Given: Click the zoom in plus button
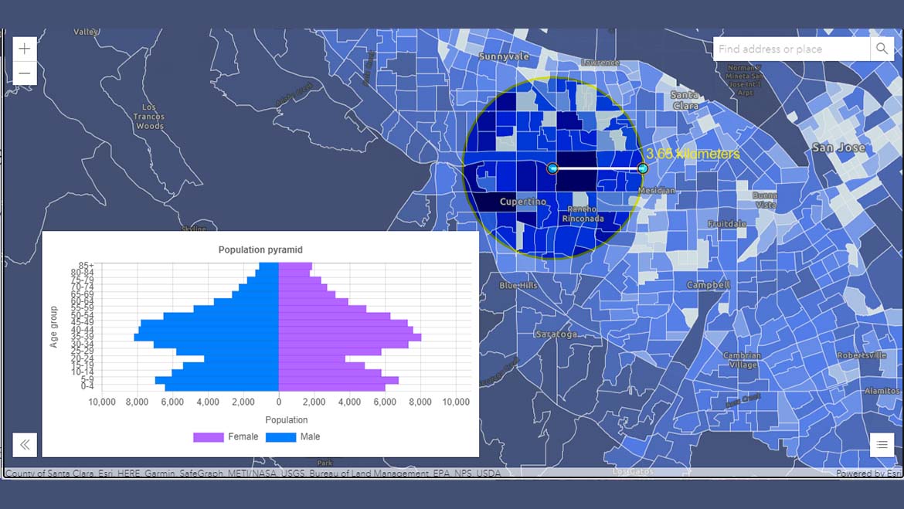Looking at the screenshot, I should click(x=25, y=49).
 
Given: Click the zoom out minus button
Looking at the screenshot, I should click(x=25, y=73).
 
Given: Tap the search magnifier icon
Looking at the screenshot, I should click(x=882, y=49).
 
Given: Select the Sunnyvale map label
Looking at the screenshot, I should click(x=504, y=56).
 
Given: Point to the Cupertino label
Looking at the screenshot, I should click(x=523, y=202).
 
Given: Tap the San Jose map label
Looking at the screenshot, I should click(x=838, y=148).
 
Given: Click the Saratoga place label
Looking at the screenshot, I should click(x=556, y=334).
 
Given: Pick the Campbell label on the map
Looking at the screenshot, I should click(x=709, y=285).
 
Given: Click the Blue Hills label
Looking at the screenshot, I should click(x=518, y=286).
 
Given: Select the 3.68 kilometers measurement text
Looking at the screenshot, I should click(x=693, y=154).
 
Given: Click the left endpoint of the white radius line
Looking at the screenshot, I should click(x=552, y=168).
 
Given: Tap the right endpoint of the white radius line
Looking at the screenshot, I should click(x=642, y=168).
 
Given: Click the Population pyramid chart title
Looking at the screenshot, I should click(x=260, y=250).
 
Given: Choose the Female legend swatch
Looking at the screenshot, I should click(x=208, y=437).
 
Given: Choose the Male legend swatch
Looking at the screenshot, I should click(x=280, y=437).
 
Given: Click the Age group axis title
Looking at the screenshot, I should click(x=54, y=327).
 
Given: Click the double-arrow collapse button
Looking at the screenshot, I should click(x=25, y=444).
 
